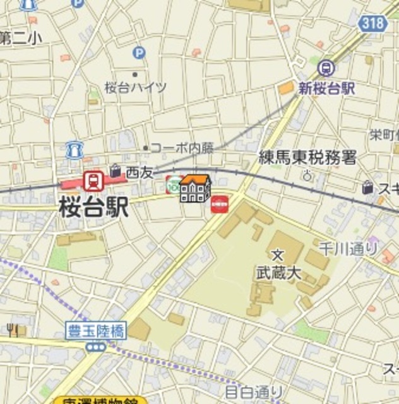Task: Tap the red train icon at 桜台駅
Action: pos(93,181)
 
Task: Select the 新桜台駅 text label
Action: pos(326,88)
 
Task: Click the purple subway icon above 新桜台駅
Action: pos(326,66)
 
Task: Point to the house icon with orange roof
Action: pos(194,188)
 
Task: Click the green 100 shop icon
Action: pos(173,184)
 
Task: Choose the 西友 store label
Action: pos(140,171)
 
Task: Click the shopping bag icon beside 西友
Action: pos(116,170)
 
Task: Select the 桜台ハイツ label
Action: pos(136,87)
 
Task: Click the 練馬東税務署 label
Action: pos(307,158)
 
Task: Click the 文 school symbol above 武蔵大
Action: pos(277,255)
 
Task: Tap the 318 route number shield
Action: pos(373,23)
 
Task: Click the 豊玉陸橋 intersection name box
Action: pos(97,329)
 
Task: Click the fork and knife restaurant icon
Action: pos(13,329)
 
